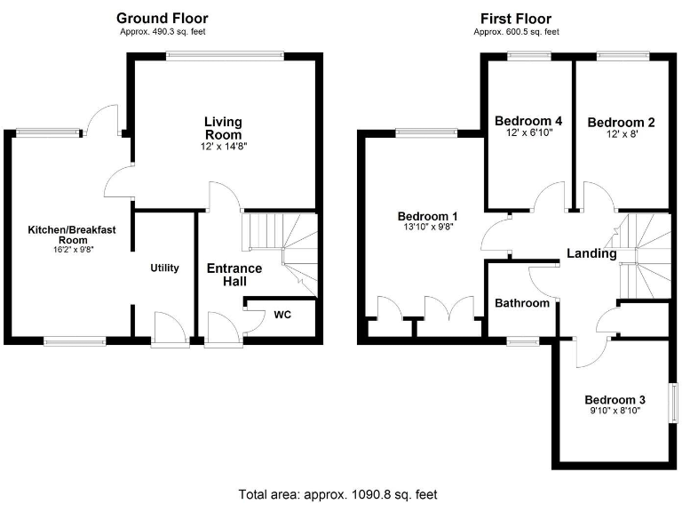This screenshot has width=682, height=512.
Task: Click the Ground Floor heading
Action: click(163, 19)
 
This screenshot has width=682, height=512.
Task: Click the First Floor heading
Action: click(515, 19)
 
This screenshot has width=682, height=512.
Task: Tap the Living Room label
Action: click(223, 128)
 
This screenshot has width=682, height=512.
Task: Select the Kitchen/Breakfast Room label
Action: click(72, 235)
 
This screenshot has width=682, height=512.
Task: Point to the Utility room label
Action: click(164, 268)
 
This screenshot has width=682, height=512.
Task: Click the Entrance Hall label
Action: click(234, 275)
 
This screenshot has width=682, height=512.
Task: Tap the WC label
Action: click(282, 315)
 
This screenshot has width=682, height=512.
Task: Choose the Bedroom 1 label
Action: click(427, 216)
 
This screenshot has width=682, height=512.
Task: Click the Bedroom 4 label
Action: click(528, 122)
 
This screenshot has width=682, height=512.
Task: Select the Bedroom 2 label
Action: click(621, 123)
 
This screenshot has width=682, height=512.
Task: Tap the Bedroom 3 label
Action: click(615, 400)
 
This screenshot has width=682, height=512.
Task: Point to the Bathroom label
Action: click(522, 303)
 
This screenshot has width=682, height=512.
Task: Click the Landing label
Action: click(591, 253)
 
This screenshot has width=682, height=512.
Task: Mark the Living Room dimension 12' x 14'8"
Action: click(223, 146)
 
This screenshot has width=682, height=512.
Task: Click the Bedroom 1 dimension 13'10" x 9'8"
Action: click(427, 228)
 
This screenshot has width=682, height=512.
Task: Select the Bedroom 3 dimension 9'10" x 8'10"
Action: click(615, 412)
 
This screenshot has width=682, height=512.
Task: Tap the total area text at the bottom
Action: click(337, 494)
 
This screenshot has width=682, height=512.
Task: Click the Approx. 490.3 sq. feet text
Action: click(163, 32)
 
